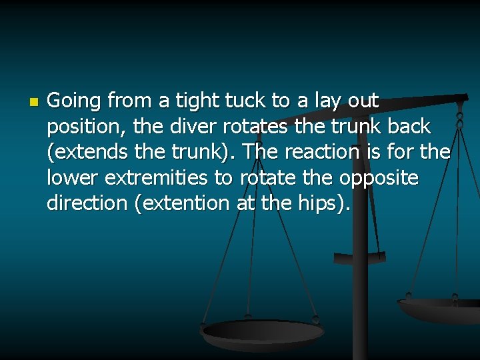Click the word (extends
pos(87,152)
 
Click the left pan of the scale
pos(263,331)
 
